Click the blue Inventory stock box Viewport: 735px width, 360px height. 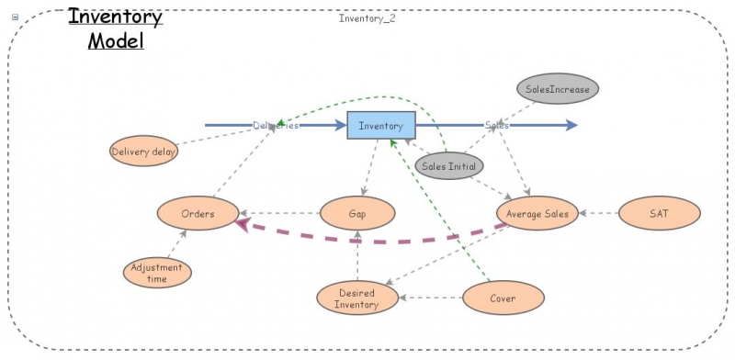[x=380, y=125]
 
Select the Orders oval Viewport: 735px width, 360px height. [x=198, y=214]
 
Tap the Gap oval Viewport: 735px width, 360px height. [x=357, y=214]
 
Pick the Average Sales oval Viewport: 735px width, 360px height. [x=537, y=214]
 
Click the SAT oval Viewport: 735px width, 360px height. [x=659, y=214]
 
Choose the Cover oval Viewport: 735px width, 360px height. [x=503, y=298]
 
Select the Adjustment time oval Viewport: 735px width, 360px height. [x=157, y=273]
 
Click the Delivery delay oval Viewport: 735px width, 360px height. [x=143, y=152]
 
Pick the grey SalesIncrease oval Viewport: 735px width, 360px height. [x=558, y=89]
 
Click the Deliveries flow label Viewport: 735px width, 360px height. [x=276, y=125]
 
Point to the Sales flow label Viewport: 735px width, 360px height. [x=497, y=125]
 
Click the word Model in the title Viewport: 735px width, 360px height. [x=116, y=41]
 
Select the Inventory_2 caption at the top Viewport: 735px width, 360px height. [x=367, y=17]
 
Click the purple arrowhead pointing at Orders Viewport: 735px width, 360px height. [x=242, y=224]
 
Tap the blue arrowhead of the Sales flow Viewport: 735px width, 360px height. [x=572, y=125]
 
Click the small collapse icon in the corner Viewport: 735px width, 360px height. [x=14, y=17]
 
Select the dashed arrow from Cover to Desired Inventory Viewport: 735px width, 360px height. [x=432, y=298]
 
